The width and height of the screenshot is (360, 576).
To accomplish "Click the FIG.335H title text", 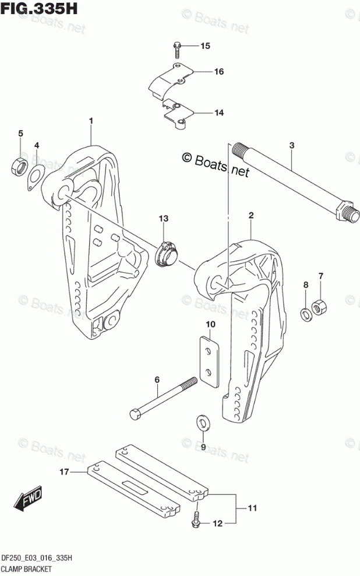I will tap(39, 9).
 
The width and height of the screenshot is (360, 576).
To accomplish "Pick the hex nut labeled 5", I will tap(17, 166).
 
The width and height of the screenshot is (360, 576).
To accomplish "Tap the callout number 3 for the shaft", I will tap(292, 145).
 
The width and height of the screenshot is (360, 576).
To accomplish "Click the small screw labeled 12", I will tap(197, 520).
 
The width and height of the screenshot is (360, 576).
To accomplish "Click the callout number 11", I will tap(252, 509).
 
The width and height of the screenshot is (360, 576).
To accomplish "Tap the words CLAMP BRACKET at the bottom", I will tap(27, 568).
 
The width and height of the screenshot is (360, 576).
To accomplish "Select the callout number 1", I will tap(91, 121).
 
